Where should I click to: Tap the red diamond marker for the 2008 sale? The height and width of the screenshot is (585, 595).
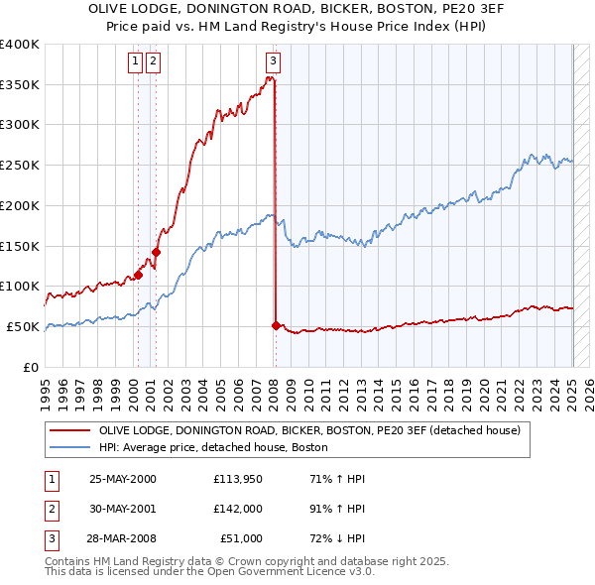[x=276, y=325]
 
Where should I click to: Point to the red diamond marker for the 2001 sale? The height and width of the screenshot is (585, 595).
[x=156, y=252]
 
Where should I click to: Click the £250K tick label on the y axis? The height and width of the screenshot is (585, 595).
[x=20, y=165]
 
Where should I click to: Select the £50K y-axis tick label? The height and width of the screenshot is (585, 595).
[x=24, y=326]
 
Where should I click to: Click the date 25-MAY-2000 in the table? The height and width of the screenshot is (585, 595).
[x=123, y=480]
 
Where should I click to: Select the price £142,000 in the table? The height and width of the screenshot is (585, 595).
[x=238, y=509]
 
